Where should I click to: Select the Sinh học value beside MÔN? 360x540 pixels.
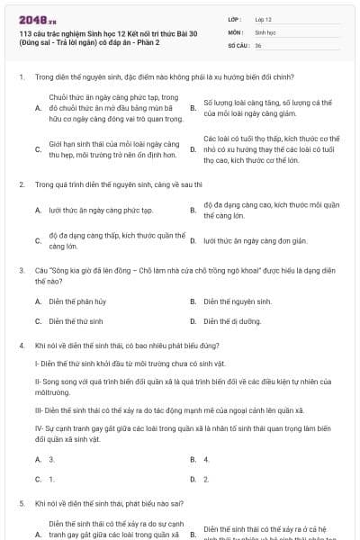(265, 31)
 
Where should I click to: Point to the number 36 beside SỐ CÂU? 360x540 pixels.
(258, 45)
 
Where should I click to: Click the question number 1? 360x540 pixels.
(20, 77)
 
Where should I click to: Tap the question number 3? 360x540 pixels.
(20, 269)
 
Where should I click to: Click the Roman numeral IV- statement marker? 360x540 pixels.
(40, 429)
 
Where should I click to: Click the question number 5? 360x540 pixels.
(20, 503)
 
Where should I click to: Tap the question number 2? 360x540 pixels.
(20, 184)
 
